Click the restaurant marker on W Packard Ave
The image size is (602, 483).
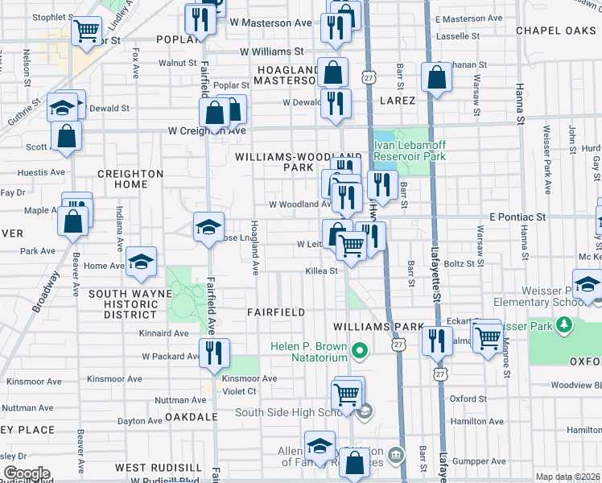pos(215,352)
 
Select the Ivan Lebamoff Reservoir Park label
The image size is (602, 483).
pos(410,151)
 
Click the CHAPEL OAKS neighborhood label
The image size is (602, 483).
pos(555,31)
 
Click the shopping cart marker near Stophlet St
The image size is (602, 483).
pos(85,31)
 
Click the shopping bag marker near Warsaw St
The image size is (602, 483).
pos(436,78)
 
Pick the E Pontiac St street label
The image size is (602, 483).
pos(517,217)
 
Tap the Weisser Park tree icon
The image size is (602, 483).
pos(565,326)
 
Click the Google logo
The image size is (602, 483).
pos(26,473)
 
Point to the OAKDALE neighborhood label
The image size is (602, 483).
pos(191,417)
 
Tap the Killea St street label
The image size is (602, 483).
pos(321,271)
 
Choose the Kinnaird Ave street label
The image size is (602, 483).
pos(164,332)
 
